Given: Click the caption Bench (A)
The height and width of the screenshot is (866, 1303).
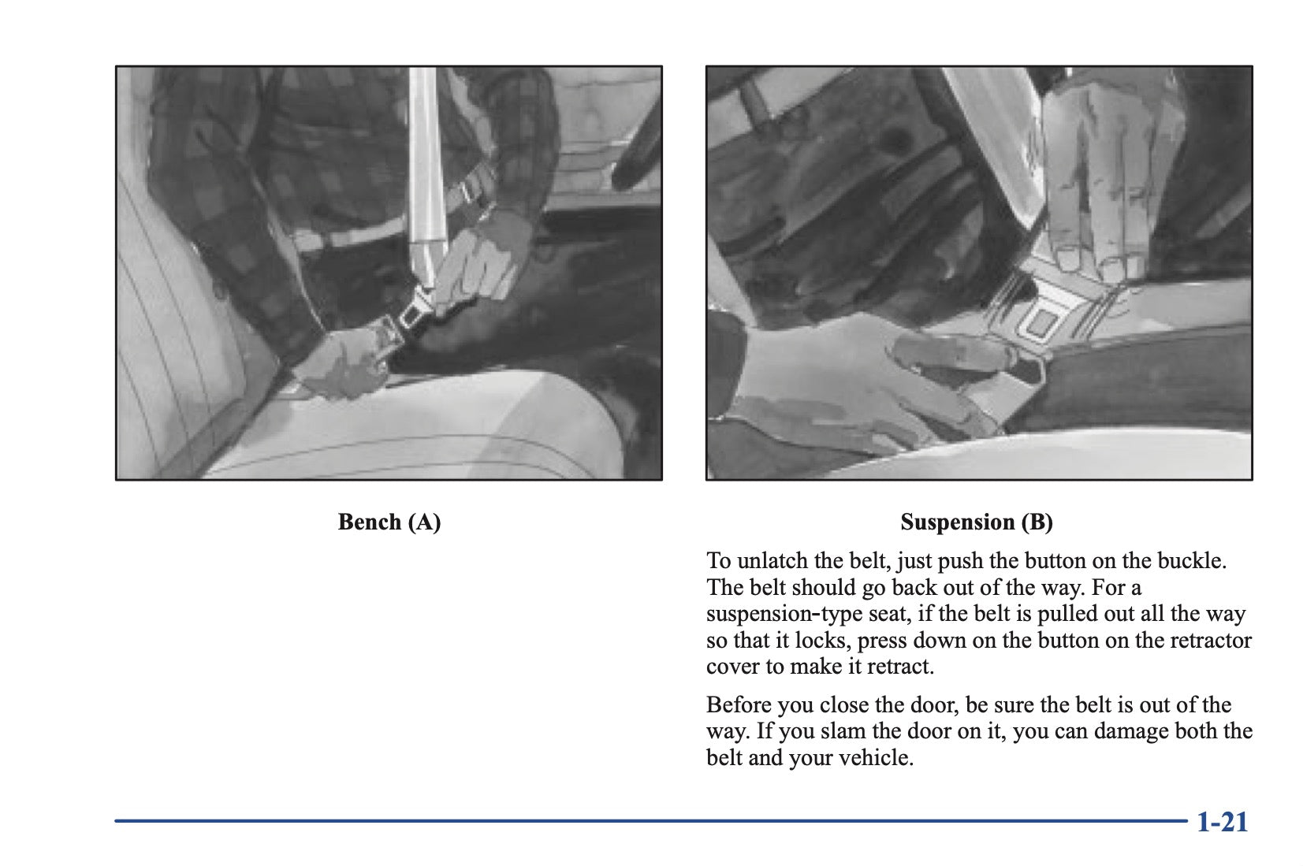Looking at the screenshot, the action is click(x=389, y=522).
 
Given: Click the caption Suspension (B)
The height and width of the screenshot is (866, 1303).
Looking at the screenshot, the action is click(x=977, y=522).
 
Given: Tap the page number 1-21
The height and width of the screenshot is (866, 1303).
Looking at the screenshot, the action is click(x=1222, y=823).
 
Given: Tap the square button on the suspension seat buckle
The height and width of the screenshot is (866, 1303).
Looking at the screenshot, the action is click(x=1041, y=321).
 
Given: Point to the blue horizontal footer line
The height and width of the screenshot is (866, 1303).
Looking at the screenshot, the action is click(x=650, y=821).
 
